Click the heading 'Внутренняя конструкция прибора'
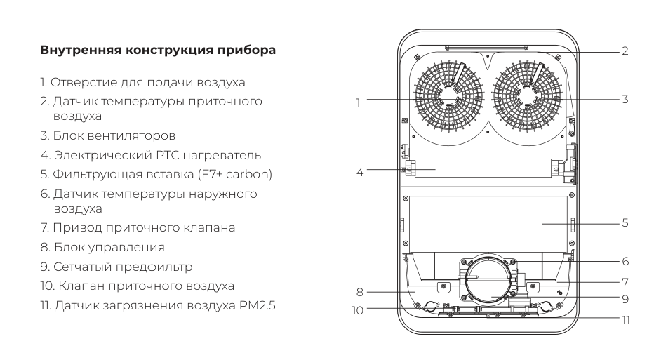(158, 51)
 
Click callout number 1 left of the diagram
(358, 101)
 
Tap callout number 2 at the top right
(624, 51)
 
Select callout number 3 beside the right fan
(624, 100)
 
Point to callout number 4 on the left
(360, 171)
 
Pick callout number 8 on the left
(360, 291)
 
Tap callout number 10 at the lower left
(358, 309)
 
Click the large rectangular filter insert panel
(487, 223)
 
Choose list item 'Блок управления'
(107, 247)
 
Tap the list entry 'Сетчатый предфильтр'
(116, 267)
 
